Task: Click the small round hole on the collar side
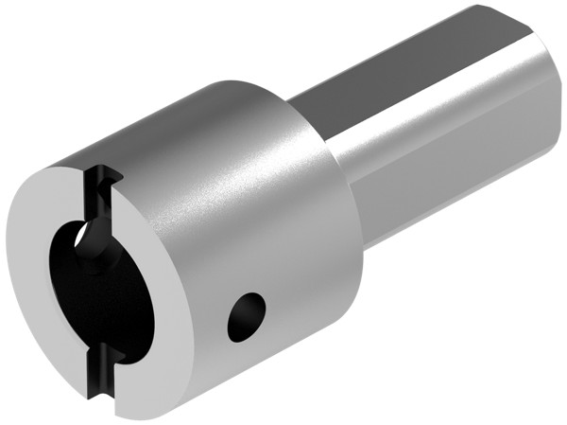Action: coord(247,316)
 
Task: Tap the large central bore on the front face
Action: coord(104,284)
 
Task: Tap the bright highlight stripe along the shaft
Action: coord(435,114)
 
